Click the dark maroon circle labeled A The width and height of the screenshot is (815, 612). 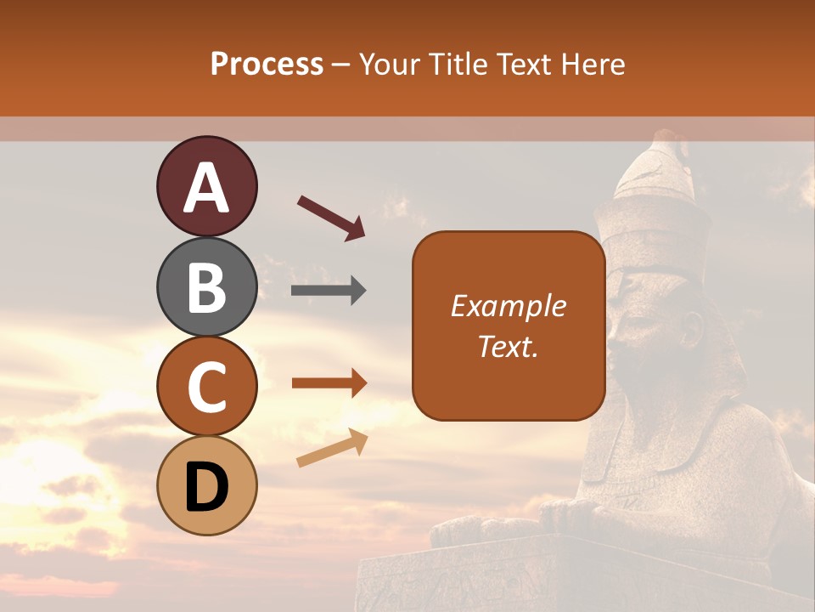(x=206, y=186)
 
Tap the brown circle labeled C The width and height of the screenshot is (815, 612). (x=206, y=386)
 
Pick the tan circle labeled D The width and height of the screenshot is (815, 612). (x=206, y=485)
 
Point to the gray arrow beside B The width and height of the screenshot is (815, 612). (x=329, y=291)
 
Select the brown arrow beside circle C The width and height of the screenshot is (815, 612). (x=329, y=383)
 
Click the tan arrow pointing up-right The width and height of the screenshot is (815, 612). (x=332, y=448)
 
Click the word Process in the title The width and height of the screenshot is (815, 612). (x=267, y=64)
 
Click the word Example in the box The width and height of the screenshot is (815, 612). (x=508, y=306)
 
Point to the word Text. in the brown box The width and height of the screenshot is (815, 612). (x=508, y=346)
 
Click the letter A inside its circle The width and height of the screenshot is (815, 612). (x=206, y=188)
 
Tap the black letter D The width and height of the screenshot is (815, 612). (x=206, y=487)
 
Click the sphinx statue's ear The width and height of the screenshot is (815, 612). (x=692, y=327)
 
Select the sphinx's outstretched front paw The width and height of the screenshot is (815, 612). (x=475, y=532)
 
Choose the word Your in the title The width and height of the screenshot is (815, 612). (x=391, y=64)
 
